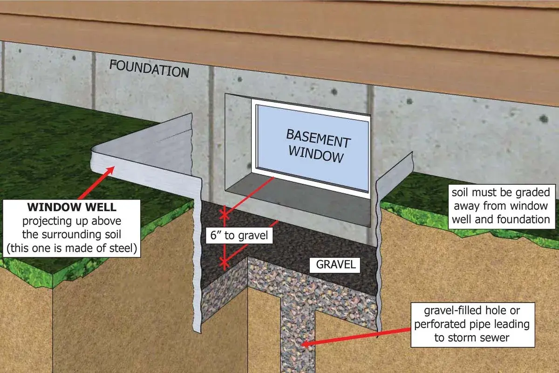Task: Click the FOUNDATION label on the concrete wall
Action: coord(149,69)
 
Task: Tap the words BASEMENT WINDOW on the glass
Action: coord(318,146)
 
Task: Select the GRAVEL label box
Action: coord(335,265)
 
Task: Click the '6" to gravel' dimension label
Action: coord(239,235)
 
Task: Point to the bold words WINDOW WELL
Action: coord(72,207)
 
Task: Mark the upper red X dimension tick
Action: coord(225,214)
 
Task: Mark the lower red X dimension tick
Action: coord(225,262)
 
